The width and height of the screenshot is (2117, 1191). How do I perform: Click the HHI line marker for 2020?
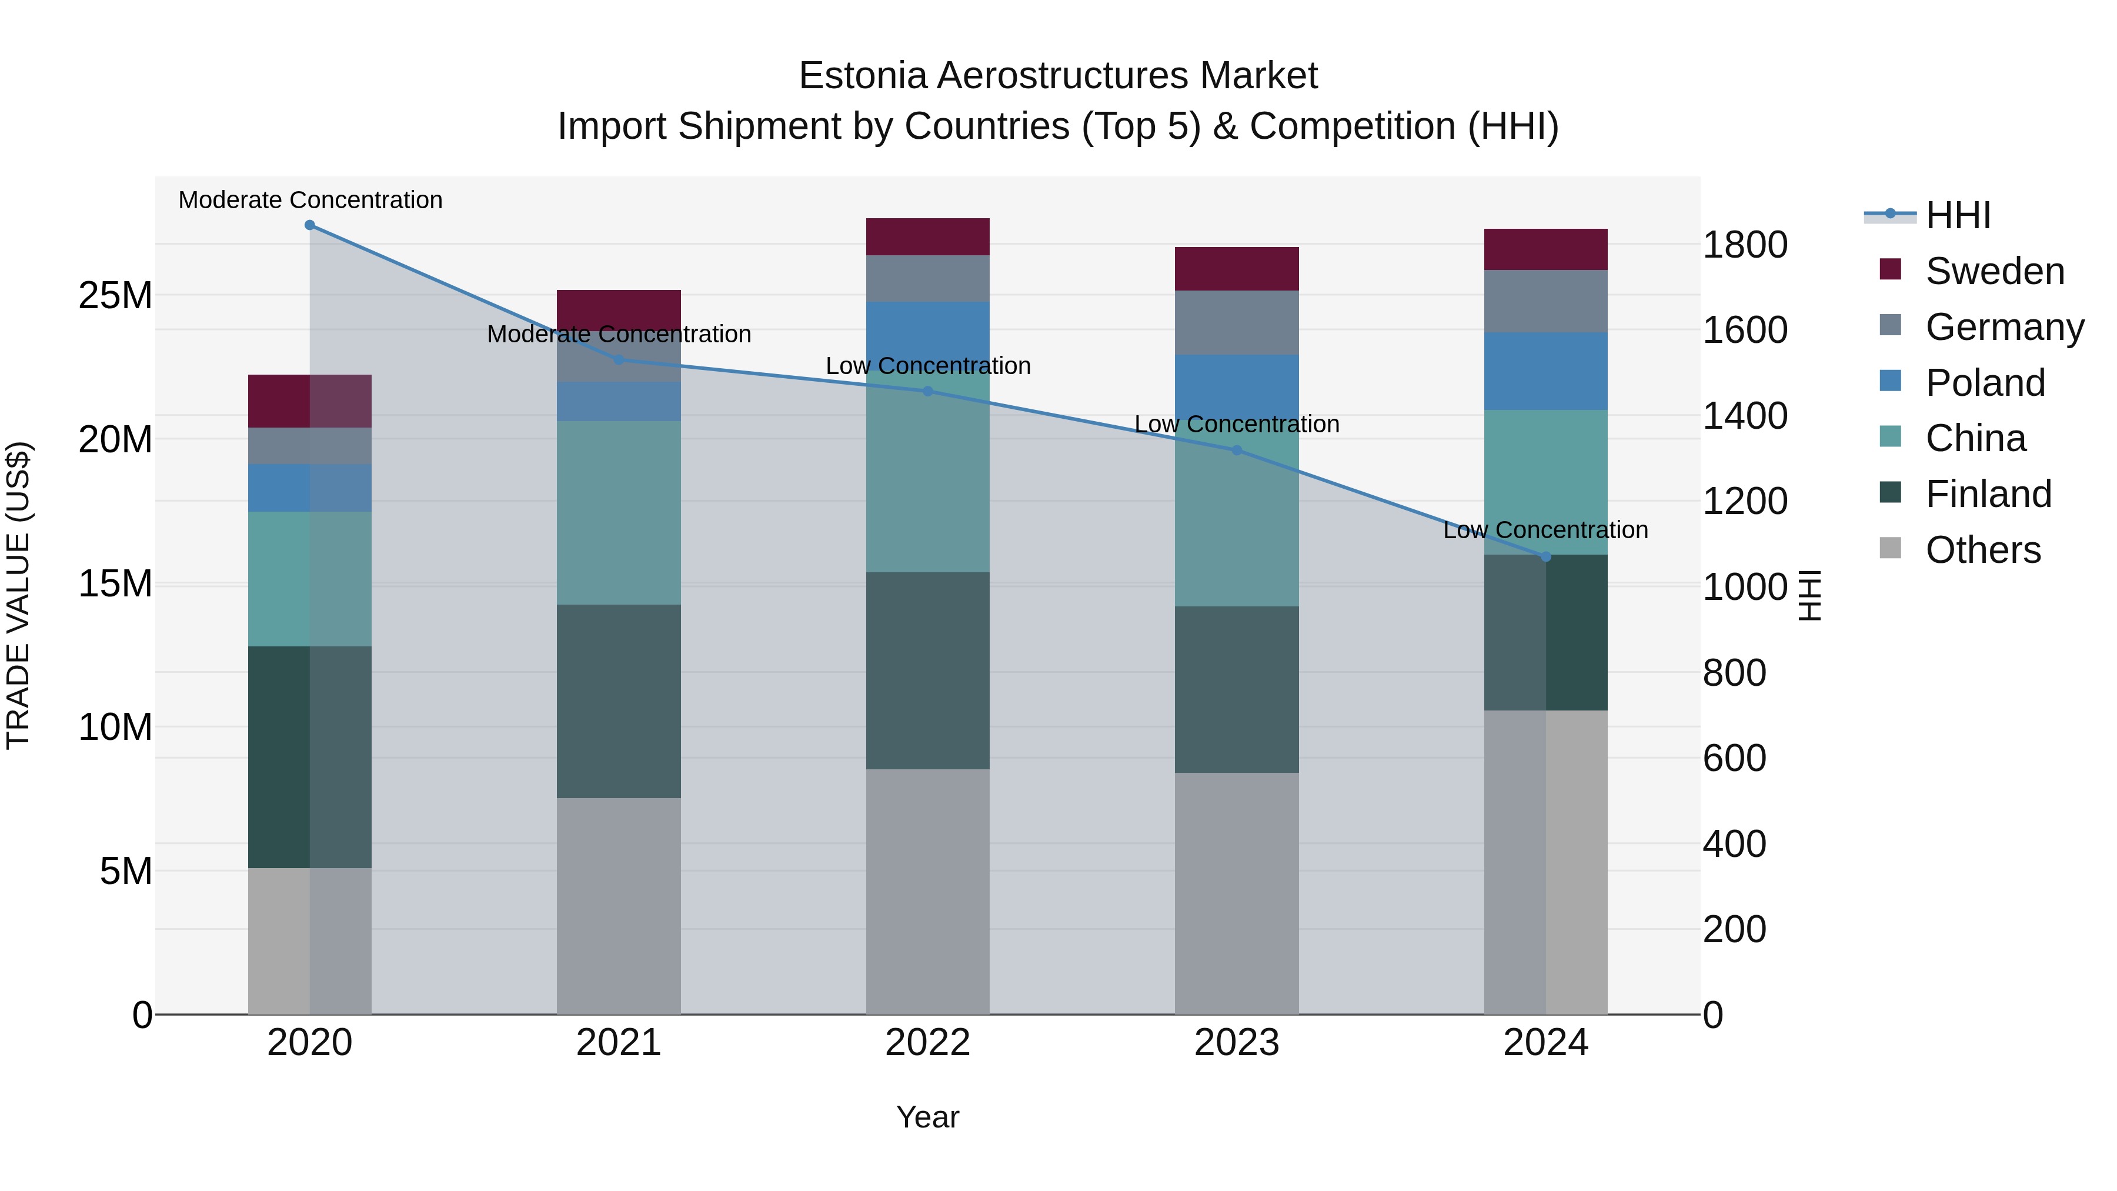[x=310, y=225]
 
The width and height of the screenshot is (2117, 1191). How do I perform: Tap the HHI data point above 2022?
[x=928, y=391]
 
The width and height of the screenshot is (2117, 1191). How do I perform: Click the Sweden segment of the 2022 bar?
[x=928, y=236]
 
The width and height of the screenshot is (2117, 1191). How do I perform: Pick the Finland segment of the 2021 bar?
[x=619, y=701]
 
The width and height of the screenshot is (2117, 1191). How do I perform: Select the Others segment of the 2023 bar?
[x=1237, y=893]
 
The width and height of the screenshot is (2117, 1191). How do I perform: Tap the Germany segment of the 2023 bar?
[x=1237, y=322]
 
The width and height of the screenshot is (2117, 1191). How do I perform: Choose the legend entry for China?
[x=1975, y=438]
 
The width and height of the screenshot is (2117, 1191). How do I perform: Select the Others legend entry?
[x=1982, y=550]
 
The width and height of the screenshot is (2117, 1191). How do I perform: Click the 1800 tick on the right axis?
[x=1744, y=245]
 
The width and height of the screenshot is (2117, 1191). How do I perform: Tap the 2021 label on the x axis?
[x=619, y=1043]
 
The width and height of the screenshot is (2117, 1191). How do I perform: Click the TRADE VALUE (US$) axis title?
[x=18, y=595]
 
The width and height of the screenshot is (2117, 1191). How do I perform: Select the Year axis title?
[x=928, y=1117]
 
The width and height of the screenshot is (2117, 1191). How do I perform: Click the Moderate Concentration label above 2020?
[x=310, y=200]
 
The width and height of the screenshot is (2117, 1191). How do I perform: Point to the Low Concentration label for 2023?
[x=1237, y=424]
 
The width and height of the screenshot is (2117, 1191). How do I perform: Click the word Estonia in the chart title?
[x=862, y=76]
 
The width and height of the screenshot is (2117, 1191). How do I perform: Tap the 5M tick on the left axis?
[x=126, y=871]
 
